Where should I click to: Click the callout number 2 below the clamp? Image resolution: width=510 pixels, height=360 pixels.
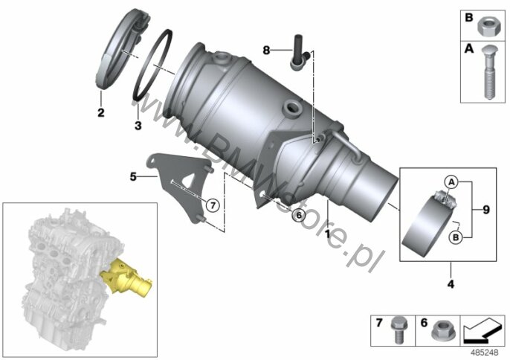101,112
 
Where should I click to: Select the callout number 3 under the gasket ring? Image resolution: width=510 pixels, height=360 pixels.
138,125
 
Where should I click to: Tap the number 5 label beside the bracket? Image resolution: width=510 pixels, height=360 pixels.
133,177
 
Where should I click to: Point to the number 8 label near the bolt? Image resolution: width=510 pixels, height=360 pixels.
266,51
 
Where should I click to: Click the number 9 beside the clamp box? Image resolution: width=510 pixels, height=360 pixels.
486,210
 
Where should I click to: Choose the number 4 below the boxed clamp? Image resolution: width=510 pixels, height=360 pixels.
451,284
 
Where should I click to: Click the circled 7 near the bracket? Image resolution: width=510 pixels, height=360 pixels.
213,205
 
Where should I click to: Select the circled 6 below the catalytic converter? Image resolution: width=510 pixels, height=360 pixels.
299,215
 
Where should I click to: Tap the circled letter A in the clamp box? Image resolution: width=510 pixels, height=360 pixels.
451,182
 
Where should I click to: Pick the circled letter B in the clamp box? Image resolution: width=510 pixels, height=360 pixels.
456,237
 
